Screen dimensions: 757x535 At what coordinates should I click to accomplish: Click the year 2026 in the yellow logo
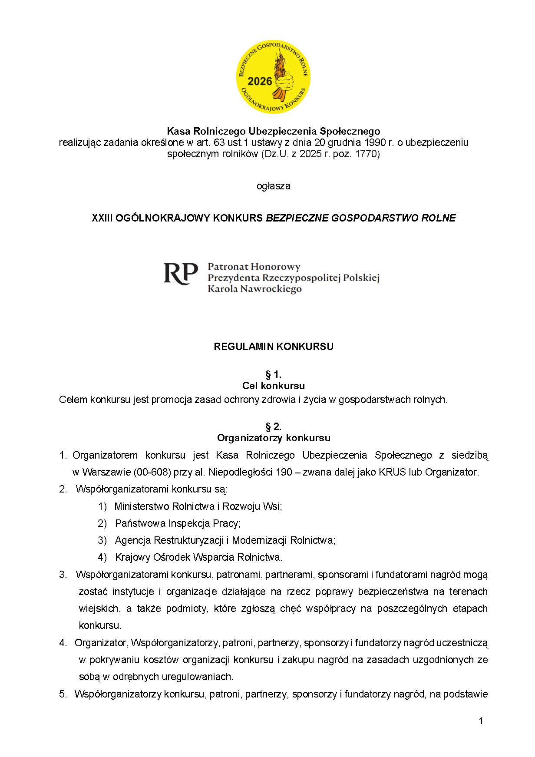tap(260, 81)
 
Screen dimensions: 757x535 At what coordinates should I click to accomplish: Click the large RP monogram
tap(180, 274)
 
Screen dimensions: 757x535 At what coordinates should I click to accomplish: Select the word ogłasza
tap(274, 186)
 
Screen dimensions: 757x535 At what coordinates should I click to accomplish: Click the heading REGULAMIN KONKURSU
tap(274, 347)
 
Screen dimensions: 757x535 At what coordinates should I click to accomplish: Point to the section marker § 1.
tap(274, 374)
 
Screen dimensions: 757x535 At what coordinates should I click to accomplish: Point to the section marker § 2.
tap(274, 426)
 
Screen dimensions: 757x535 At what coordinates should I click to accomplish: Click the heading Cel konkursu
tap(274, 386)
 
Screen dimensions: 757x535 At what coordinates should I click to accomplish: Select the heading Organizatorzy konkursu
tap(274, 437)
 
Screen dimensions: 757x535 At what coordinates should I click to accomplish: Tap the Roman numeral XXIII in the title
tap(102, 218)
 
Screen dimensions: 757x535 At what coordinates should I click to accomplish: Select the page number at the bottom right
tap(481, 721)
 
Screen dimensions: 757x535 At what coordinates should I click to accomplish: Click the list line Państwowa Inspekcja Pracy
tap(178, 523)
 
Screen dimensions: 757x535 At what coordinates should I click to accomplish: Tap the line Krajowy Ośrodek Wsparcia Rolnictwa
tap(198, 557)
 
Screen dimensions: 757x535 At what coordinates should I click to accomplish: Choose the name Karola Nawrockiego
tap(254, 289)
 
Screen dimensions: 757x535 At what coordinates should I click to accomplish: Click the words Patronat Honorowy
tap(254, 266)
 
